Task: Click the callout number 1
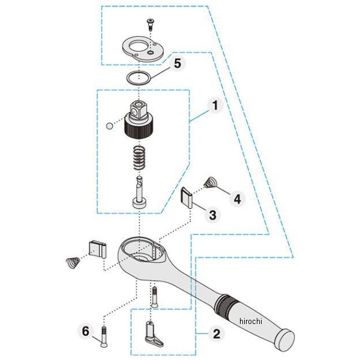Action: tap(215, 106)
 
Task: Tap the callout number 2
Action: tap(217, 334)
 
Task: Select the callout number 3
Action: tap(212, 215)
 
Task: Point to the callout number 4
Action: tap(237, 199)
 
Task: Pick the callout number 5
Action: tap(178, 63)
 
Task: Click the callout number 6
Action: tap(85, 331)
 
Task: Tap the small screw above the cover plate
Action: tap(150, 25)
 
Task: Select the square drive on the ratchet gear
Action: tap(138, 110)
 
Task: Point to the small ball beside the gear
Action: tap(109, 126)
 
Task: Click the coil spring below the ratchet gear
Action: tap(140, 158)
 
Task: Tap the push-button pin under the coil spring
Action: tap(140, 192)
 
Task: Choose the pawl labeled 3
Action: tap(187, 197)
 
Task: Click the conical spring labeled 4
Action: tap(210, 183)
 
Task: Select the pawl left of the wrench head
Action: tap(98, 250)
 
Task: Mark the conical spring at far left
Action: tap(73, 262)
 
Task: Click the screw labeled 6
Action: tap(104, 337)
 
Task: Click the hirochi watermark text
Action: tap(250, 321)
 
